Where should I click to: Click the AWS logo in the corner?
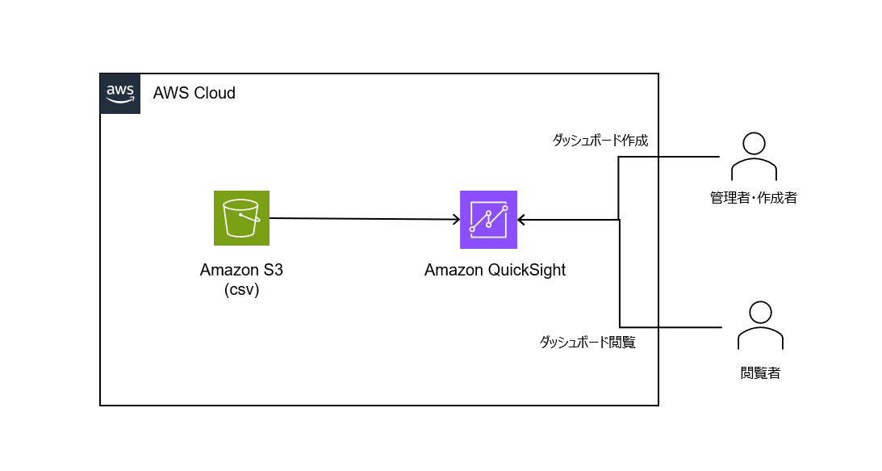click(x=119, y=94)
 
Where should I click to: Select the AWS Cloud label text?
click(x=194, y=94)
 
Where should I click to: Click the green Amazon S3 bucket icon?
click(x=241, y=218)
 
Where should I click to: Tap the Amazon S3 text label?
click(x=241, y=270)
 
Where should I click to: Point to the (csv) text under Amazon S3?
click(x=241, y=290)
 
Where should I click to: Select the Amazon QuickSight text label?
click(x=495, y=270)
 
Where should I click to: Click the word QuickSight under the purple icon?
click(x=527, y=270)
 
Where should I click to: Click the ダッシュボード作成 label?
click(x=600, y=140)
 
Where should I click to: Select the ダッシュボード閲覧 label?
click(x=587, y=342)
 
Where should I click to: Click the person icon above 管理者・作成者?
click(x=754, y=157)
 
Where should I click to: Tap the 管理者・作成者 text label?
click(x=754, y=197)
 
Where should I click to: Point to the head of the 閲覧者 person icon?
click(x=759, y=312)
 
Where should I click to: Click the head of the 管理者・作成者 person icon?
click(x=754, y=144)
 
